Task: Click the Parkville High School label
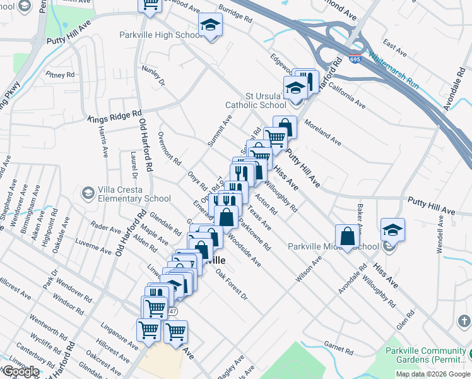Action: tap(161, 35)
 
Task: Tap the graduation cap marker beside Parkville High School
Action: tap(209, 27)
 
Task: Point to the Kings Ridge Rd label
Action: tap(114, 116)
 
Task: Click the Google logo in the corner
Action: tap(20, 371)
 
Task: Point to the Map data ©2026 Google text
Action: tap(432, 374)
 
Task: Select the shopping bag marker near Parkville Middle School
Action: tap(348, 238)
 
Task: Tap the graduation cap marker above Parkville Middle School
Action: tap(392, 231)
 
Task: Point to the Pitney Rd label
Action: tap(60, 75)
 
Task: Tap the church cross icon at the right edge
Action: tap(464, 322)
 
